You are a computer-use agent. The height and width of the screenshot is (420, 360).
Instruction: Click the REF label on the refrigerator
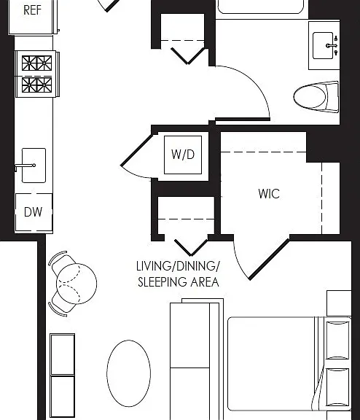click(x=32, y=10)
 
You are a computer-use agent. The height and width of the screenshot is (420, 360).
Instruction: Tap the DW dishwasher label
click(x=34, y=212)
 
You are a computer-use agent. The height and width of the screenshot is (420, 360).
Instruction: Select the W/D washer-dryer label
click(x=183, y=155)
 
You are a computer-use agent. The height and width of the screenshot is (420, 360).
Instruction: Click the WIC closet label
click(x=269, y=193)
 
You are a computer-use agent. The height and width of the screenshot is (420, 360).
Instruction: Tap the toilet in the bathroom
click(x=316, y=97)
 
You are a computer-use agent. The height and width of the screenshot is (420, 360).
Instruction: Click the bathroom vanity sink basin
click(x=323, y=45)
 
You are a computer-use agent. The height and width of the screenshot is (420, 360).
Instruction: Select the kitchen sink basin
click(x=34, y=166)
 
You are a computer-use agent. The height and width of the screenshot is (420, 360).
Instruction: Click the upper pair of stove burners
click(x=37, y=63)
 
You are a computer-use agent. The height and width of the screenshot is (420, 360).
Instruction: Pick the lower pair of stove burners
click(x=37, y=85)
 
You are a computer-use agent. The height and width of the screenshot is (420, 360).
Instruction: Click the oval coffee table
click(x=128, y=373)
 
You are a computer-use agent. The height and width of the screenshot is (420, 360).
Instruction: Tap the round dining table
click(x=77, y=284)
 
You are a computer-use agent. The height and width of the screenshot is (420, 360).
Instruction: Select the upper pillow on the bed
click(x=337, y=341)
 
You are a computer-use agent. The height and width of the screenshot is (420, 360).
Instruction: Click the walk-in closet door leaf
click(x=269, y=260)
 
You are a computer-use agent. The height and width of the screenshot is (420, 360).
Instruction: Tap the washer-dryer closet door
click(x=136, y=150)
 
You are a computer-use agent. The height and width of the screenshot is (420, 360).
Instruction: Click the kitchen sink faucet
click(x=26, y=166)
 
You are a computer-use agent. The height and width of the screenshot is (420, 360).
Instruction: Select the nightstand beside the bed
click(x=339, y=303)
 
